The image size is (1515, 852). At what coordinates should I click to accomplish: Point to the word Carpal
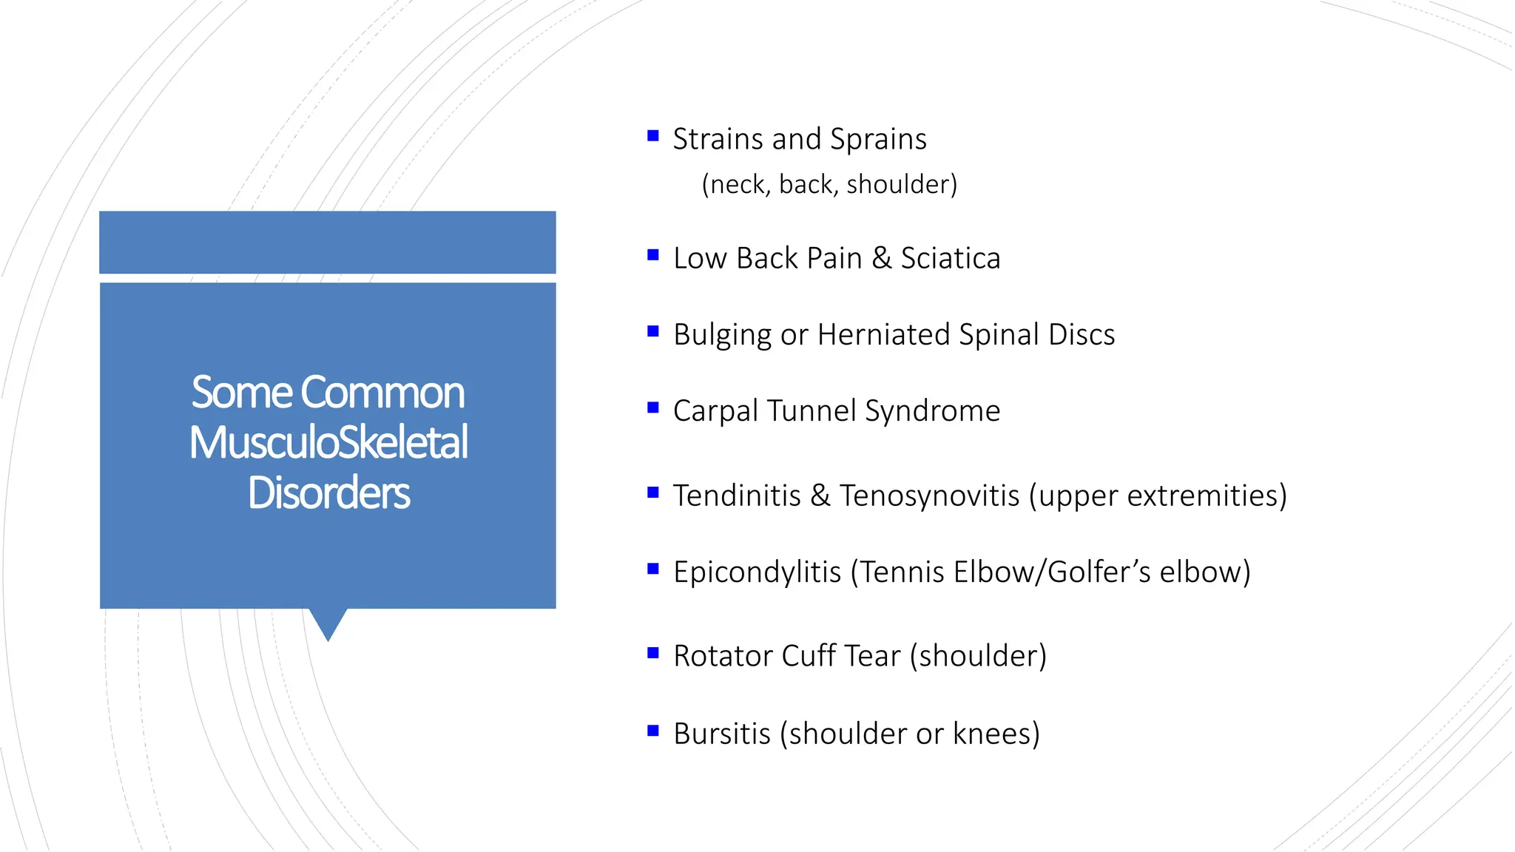coord(715,411)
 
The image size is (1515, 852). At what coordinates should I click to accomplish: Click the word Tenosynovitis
coord(929,496)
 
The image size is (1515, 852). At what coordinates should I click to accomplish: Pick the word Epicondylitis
coord(757,572)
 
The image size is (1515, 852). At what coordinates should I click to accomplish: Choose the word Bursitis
coord(722,734)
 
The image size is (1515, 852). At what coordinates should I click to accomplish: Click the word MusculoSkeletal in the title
coord(328,442)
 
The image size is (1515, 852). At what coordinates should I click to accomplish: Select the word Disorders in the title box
coord(328,493)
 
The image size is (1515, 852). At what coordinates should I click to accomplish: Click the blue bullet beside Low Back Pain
coord(652,255)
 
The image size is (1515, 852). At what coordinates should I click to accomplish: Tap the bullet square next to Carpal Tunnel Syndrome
coord(652,408)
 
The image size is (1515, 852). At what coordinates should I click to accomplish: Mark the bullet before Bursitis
coord(652,731)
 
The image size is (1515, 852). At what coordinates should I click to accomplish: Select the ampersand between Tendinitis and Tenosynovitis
coord(820,496)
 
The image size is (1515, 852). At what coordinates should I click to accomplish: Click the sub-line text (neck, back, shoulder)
coord(829,184)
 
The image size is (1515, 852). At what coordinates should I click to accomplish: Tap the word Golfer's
coord(1099,572)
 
